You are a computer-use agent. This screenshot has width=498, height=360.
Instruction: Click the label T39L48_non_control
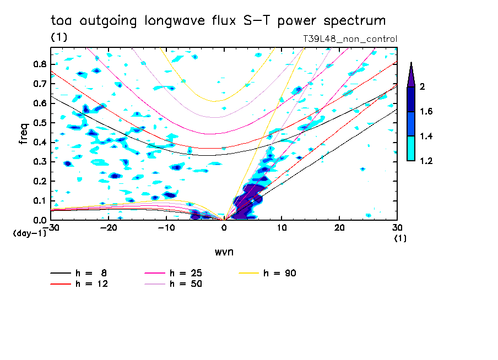pyautogui.click(x=350, y=39)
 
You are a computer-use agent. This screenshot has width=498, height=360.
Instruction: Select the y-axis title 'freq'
pyautogui.click(x=24, y=133)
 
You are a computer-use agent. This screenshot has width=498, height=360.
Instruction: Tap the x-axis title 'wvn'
pyautogui.click(x=223, y=251)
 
